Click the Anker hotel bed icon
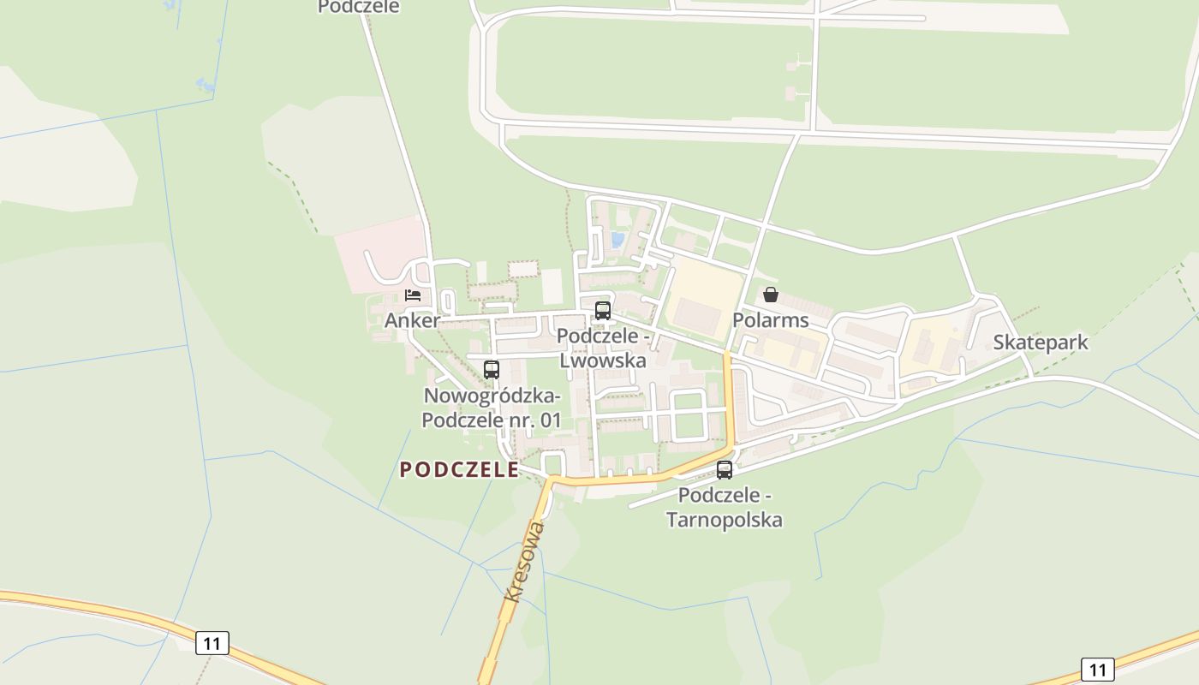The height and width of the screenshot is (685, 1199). click(x=413, y=295)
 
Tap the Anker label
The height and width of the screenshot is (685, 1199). click(x=412, y=320)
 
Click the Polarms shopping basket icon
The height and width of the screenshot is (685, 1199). click(x=771, y=295)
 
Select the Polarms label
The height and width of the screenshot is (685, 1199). click(x=770, y=320)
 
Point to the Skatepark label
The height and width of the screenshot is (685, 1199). click(x=1041, y=342)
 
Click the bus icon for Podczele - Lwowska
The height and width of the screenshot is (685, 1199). click(x=603, y=311)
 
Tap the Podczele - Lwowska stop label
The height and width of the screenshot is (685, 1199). click(x=603, y=348)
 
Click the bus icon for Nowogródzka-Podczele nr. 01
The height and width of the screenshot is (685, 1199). click(x=492, y=370)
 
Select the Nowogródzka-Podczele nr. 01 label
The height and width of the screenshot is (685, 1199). click(x=492, y=408)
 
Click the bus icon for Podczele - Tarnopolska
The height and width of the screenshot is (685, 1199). click(x=725, y=470)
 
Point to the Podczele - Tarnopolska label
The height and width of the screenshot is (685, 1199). click(x=725, y=507)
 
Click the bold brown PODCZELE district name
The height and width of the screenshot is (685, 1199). click(x=459, y=469)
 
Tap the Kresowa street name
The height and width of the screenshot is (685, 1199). click(x=525, y=562)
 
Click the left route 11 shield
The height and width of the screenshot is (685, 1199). click(x=212, y=642)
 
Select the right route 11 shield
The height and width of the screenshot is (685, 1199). click(x=1097, y=669)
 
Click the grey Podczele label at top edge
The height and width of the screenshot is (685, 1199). click(x=359, y=7)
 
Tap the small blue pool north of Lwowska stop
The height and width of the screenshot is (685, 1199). click(x=617, y=239)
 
